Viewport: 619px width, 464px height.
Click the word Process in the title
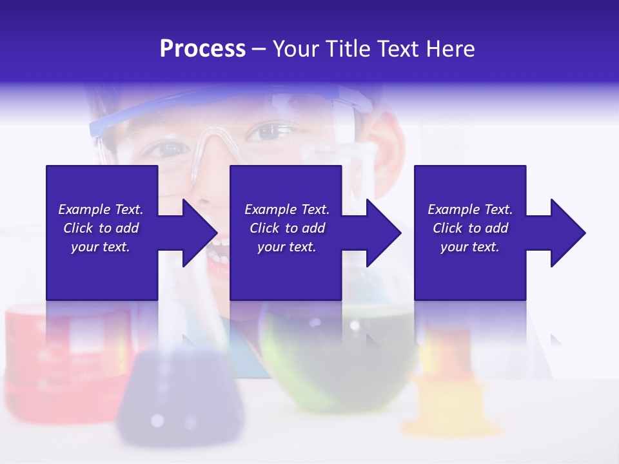coord(202,49)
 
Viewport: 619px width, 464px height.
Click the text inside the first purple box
coord(101,228)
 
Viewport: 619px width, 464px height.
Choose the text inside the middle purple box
coord(287,228)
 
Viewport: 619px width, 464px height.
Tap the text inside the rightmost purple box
coord(470,228)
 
